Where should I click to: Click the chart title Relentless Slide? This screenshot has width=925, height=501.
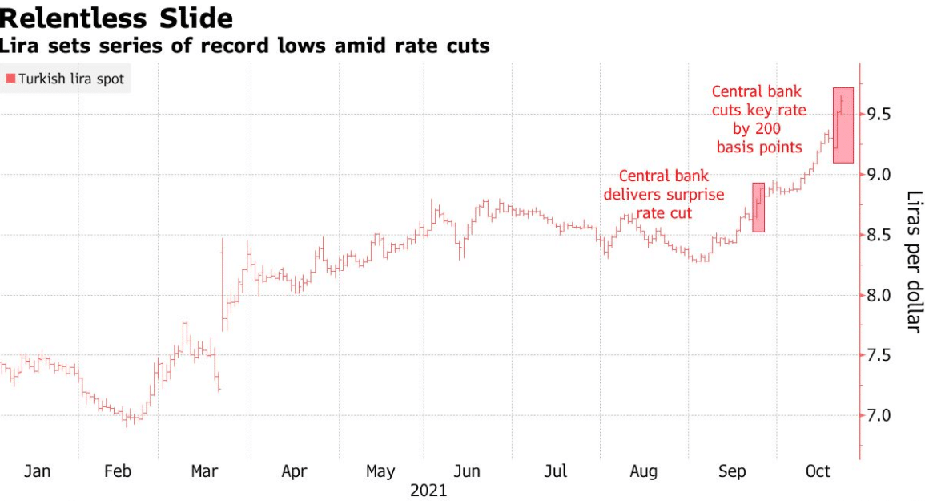tap(117, 18)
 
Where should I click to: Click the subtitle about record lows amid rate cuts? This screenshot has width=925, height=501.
tap(245, 46)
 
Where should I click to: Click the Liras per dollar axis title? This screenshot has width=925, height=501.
tap(914, 261)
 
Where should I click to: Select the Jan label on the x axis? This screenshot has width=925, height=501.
tap(38, 471)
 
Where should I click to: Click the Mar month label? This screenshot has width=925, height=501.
tap(205, 471)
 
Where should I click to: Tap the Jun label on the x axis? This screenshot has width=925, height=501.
tap(467, 471)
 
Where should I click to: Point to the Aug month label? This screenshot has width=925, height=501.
tap(643, 471)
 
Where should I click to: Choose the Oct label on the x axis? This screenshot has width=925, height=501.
tap(818, 471)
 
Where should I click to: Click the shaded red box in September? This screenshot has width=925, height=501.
tap(758, 207)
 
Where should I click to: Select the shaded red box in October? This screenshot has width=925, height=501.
tap(843, 125)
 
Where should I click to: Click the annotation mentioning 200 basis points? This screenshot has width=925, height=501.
tap(758, 119)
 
